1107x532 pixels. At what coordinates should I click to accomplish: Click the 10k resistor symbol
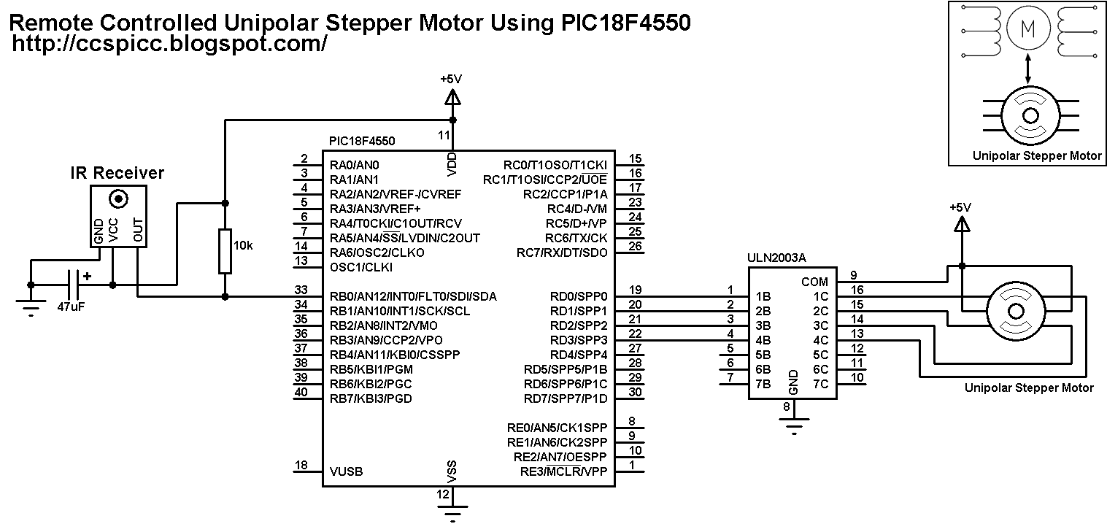click(x=225, y=251)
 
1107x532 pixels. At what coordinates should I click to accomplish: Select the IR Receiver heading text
click(x=117, y=173)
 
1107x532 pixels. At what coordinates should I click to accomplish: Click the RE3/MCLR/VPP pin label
click(x=563, y=471)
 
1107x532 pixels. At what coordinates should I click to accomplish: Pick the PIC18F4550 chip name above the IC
click(x=362, y=140)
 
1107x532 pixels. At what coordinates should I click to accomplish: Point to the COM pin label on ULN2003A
click(x=814, y=282)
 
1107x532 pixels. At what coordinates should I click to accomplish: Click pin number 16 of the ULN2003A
click(x=857, y=290)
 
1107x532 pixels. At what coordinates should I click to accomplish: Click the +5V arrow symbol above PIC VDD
click(x=452, y=96)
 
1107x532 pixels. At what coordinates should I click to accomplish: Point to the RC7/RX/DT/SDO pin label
click(x=561, y=252)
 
